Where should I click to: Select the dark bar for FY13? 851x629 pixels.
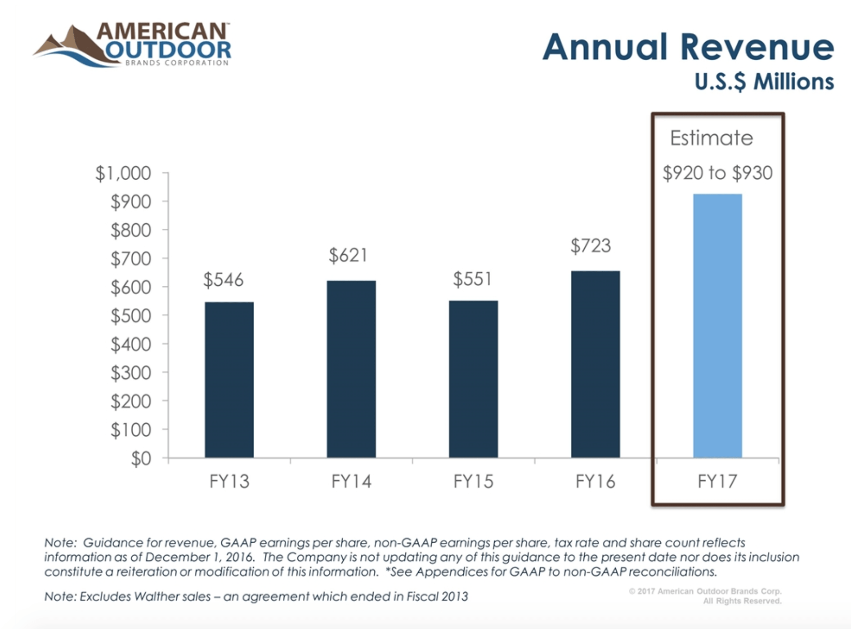(229, 380)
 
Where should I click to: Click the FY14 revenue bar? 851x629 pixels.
(351, 369)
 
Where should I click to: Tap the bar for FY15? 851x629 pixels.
(473, 379)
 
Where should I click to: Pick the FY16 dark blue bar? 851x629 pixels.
(595, 364)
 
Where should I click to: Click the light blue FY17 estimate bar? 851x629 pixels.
(717, 326)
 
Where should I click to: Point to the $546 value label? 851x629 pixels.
(223, 280)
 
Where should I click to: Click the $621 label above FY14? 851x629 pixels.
(348, 255)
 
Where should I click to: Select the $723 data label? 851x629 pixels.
(591, 246)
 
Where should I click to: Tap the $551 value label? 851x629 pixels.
(472, 279)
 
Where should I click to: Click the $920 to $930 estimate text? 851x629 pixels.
(717, 173)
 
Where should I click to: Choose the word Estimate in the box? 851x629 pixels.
(711, 138)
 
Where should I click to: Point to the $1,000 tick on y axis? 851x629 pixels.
(123, 173)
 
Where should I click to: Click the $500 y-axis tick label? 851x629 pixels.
(130, 316)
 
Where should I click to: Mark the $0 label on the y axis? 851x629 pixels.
(141, 459)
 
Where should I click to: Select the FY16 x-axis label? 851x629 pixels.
(595, 482)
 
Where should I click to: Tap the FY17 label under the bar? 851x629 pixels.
(717, 482)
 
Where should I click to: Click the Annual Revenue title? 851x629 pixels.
(688, 47)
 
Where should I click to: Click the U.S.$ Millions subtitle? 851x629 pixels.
(764, 82)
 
